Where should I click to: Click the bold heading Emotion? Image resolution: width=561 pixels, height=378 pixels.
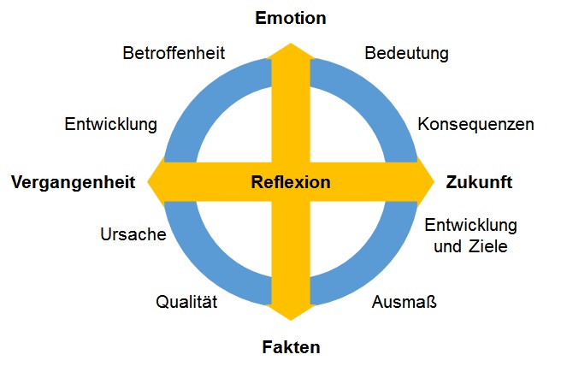(x=291, y=18)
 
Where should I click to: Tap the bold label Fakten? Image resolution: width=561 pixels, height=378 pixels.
(x=291, y=347)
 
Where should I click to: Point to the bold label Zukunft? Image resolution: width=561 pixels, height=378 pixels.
(x=479, y=182)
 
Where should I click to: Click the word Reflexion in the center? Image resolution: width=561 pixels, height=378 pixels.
(x=291, y=182)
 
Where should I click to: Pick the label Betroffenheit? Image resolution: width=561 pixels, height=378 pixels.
(x=174, y=53)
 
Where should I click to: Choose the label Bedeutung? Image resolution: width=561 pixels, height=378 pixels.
(x=407, y=53)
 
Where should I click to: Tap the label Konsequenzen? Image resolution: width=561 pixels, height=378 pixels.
(x=475, y=124)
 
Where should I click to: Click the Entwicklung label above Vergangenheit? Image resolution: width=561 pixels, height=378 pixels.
(x=111, y=124)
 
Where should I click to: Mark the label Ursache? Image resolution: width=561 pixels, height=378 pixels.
(x=133, y=234)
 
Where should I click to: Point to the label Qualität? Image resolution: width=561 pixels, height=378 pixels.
(x=187, y=301)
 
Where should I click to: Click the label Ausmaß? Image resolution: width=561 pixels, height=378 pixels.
(x=399, y=301)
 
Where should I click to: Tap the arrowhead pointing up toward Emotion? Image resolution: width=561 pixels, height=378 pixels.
(x=291, y=51)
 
